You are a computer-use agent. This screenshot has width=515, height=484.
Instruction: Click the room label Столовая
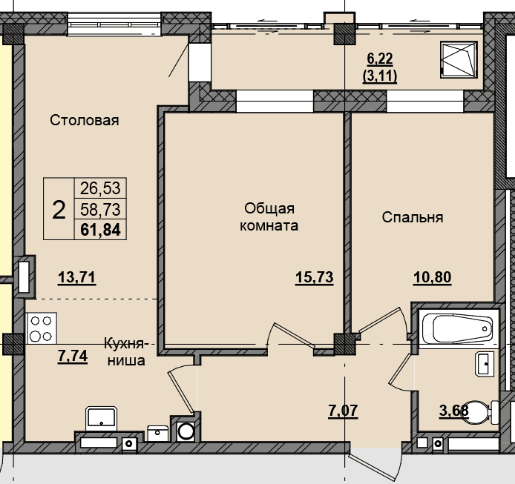pos(85,120)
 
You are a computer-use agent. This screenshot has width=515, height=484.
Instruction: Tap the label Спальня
pos(413,217)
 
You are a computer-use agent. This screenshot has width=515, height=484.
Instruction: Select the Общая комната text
pos(269,217)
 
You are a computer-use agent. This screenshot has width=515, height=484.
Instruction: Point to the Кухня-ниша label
pos(126,352)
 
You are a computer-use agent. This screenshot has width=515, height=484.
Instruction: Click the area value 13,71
pos(77,277)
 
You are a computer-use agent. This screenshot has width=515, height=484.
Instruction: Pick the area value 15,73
pos(315,277)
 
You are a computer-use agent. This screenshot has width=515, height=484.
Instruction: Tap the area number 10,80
pos(432,277)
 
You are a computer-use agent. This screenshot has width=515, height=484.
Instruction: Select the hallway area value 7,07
pos(343,411)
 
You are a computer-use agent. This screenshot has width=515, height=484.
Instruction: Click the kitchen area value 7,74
pos(73,356)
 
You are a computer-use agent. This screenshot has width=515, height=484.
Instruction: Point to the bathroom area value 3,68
pos(454,411)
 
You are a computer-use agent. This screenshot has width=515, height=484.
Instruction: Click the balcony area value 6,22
pos(380,59)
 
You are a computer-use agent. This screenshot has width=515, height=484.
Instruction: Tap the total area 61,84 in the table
pos(100,229)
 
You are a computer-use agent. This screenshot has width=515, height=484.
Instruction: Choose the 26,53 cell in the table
pos(100,188)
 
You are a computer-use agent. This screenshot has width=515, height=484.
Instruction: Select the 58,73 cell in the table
pos(100,209)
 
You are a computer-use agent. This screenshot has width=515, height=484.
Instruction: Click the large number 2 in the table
pos(59,210)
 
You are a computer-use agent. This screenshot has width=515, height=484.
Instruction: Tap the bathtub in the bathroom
pos(459,328)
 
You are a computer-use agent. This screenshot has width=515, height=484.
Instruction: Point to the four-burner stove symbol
pos(42,328)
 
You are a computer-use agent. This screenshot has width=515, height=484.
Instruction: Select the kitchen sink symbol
pos(102,419)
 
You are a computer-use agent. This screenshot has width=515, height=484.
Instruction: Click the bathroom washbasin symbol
pos(485,363)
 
